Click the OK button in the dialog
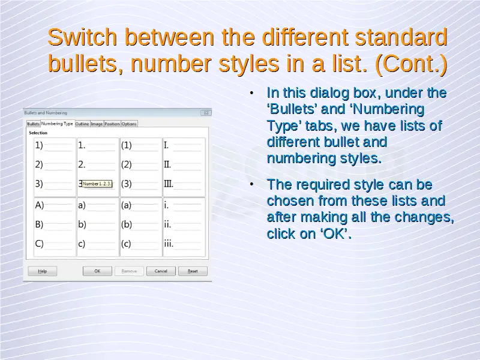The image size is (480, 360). [x=97, y=271]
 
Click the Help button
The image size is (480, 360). [x=43, y=271]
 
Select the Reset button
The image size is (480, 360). [x=193, y=271]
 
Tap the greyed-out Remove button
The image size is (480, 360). [x=129, y=271]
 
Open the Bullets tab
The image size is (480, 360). [x=34, y=124]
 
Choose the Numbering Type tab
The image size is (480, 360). [x=57, y=124]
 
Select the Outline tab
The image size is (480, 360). [x=82, y=124]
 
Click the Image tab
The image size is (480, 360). [x=97, y=124]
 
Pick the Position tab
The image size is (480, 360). [x=112, y=124]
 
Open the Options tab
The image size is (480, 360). [x=129, y=124]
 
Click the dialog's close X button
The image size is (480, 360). [x=206, y=113]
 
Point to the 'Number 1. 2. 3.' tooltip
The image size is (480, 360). [x=97, y=184]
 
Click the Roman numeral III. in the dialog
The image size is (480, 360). [x=169, y=184]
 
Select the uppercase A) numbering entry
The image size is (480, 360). [x=40, y=205]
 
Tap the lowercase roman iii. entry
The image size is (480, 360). [x=169, y=244]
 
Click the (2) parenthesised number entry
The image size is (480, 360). [x=127, y=164]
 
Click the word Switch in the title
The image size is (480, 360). [x=82, y=37]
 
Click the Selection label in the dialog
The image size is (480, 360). [x=38, y=133]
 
